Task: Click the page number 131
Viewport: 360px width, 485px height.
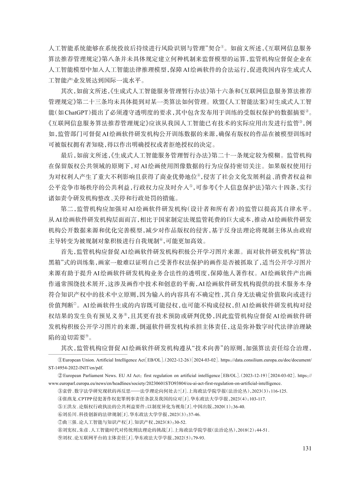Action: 306,448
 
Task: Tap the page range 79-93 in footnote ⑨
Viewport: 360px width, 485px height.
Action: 198,438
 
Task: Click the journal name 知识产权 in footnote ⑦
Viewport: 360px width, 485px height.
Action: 156,422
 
